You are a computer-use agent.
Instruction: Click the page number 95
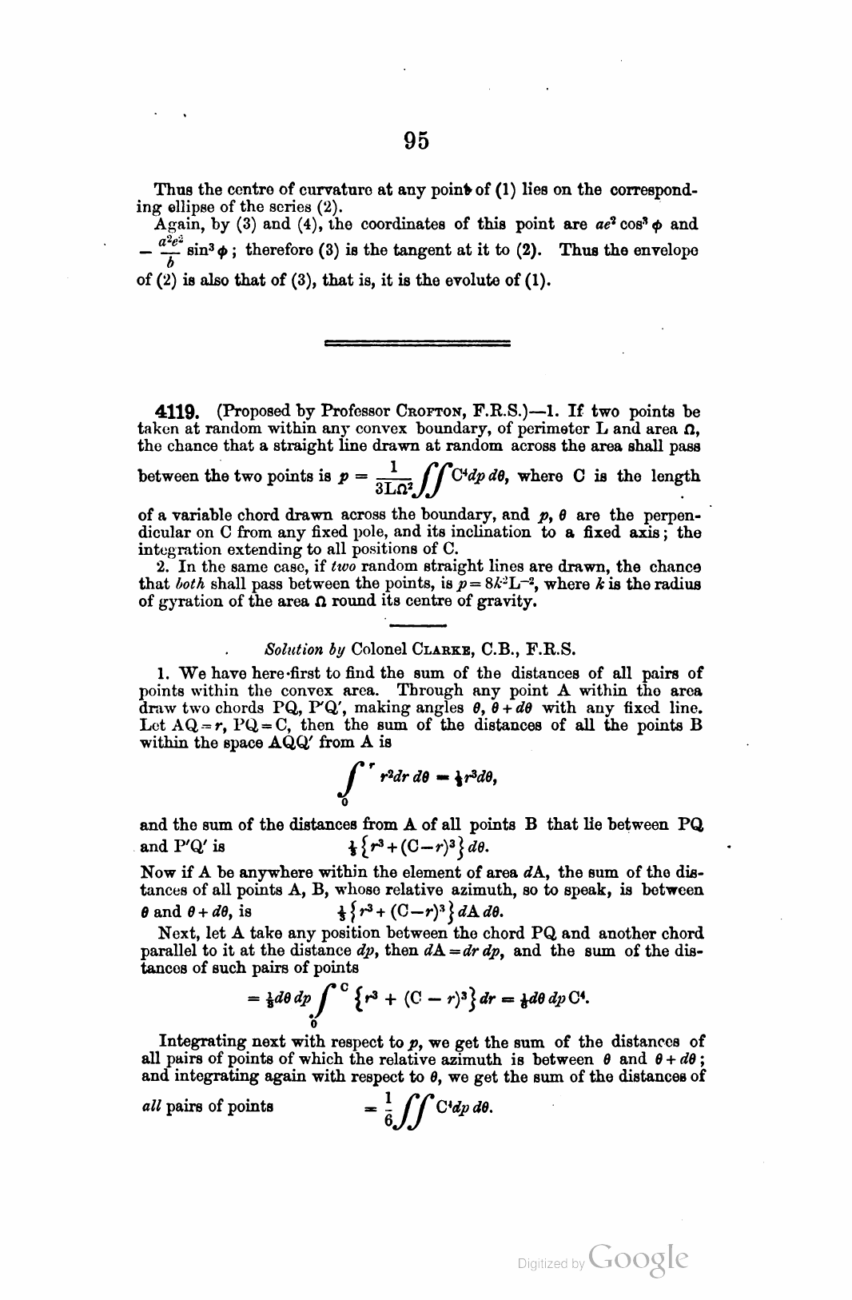416,141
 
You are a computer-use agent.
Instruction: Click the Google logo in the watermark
637,1258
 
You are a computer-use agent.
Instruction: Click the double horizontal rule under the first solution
418,343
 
